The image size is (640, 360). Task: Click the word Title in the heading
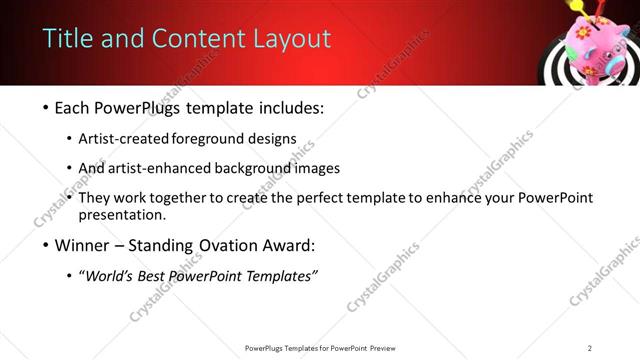(x=68, y=39)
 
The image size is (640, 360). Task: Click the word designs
(x=270, y=138)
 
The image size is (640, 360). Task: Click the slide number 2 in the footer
(x=590, y=347)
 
